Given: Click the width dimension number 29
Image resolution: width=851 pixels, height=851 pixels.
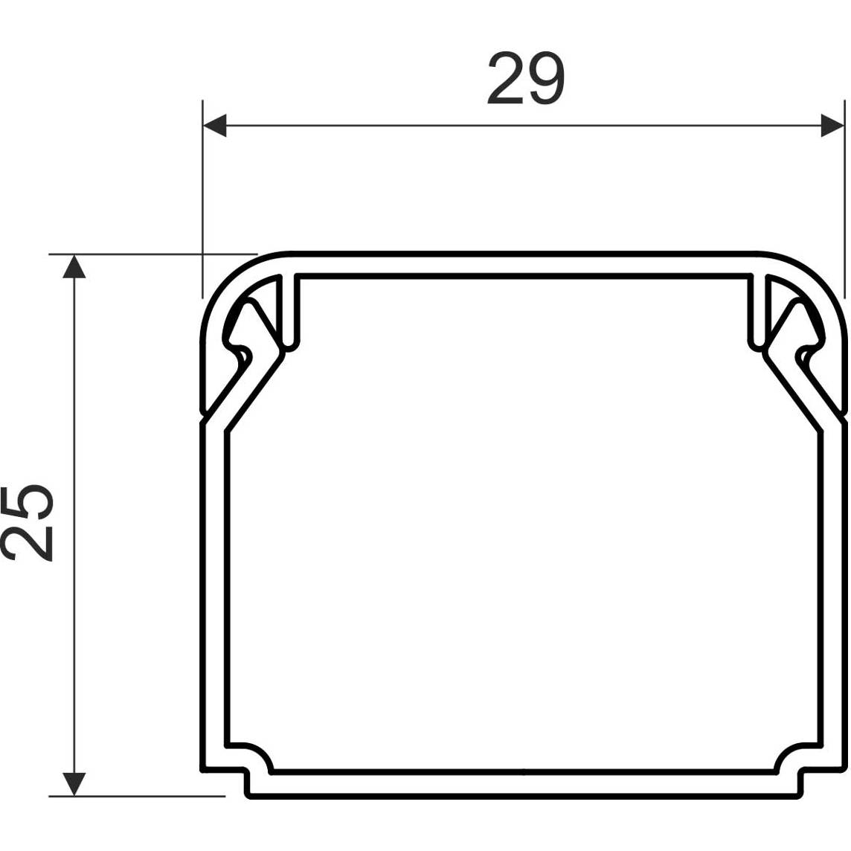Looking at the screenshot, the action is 526,78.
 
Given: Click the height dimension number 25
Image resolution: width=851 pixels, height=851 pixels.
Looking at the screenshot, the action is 28,522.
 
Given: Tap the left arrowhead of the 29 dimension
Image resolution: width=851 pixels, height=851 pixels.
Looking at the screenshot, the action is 214,126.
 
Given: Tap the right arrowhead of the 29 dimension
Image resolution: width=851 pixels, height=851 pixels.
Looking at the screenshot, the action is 832,126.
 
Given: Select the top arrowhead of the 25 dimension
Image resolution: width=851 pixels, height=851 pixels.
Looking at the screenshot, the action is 74,266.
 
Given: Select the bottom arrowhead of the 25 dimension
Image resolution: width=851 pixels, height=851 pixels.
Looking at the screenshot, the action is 74,784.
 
